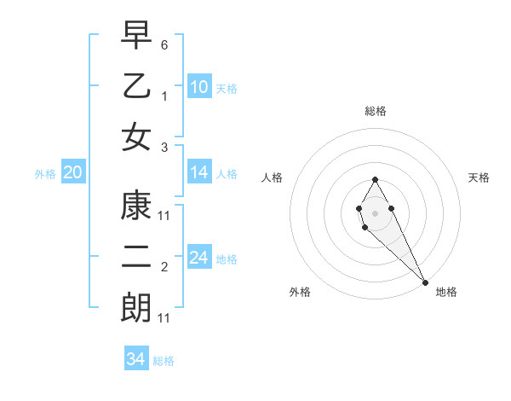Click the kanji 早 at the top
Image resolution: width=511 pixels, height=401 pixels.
pos(136,37)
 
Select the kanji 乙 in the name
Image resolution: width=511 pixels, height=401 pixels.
pos(136,87)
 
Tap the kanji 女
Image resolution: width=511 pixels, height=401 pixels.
pos(136,137)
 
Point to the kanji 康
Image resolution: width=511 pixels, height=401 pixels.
pos(136,207)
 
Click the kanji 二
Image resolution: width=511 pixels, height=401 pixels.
pos(136,258)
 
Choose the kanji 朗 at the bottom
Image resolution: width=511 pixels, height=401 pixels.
pos(136,308)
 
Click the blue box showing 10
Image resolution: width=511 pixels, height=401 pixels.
pos(199,87)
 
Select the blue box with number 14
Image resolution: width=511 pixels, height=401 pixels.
pos(199,172)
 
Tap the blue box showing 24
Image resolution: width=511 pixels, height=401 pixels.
pos(199,258)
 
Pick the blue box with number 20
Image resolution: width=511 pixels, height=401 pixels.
pos(73,173)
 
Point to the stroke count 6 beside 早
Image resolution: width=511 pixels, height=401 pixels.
pos(164,44)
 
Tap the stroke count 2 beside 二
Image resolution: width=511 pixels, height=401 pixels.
pos(164,268)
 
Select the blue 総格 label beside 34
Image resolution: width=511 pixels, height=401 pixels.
pos(164,361)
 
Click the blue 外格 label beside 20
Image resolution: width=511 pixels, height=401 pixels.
pos(45,174)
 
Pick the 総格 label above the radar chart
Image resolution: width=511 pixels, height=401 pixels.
pos(375,111)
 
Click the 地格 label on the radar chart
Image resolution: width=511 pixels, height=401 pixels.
pos(446,292)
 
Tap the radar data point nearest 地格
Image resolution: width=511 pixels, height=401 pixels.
pos(425,282)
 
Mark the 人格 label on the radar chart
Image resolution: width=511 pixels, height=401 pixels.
pos(272,177)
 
